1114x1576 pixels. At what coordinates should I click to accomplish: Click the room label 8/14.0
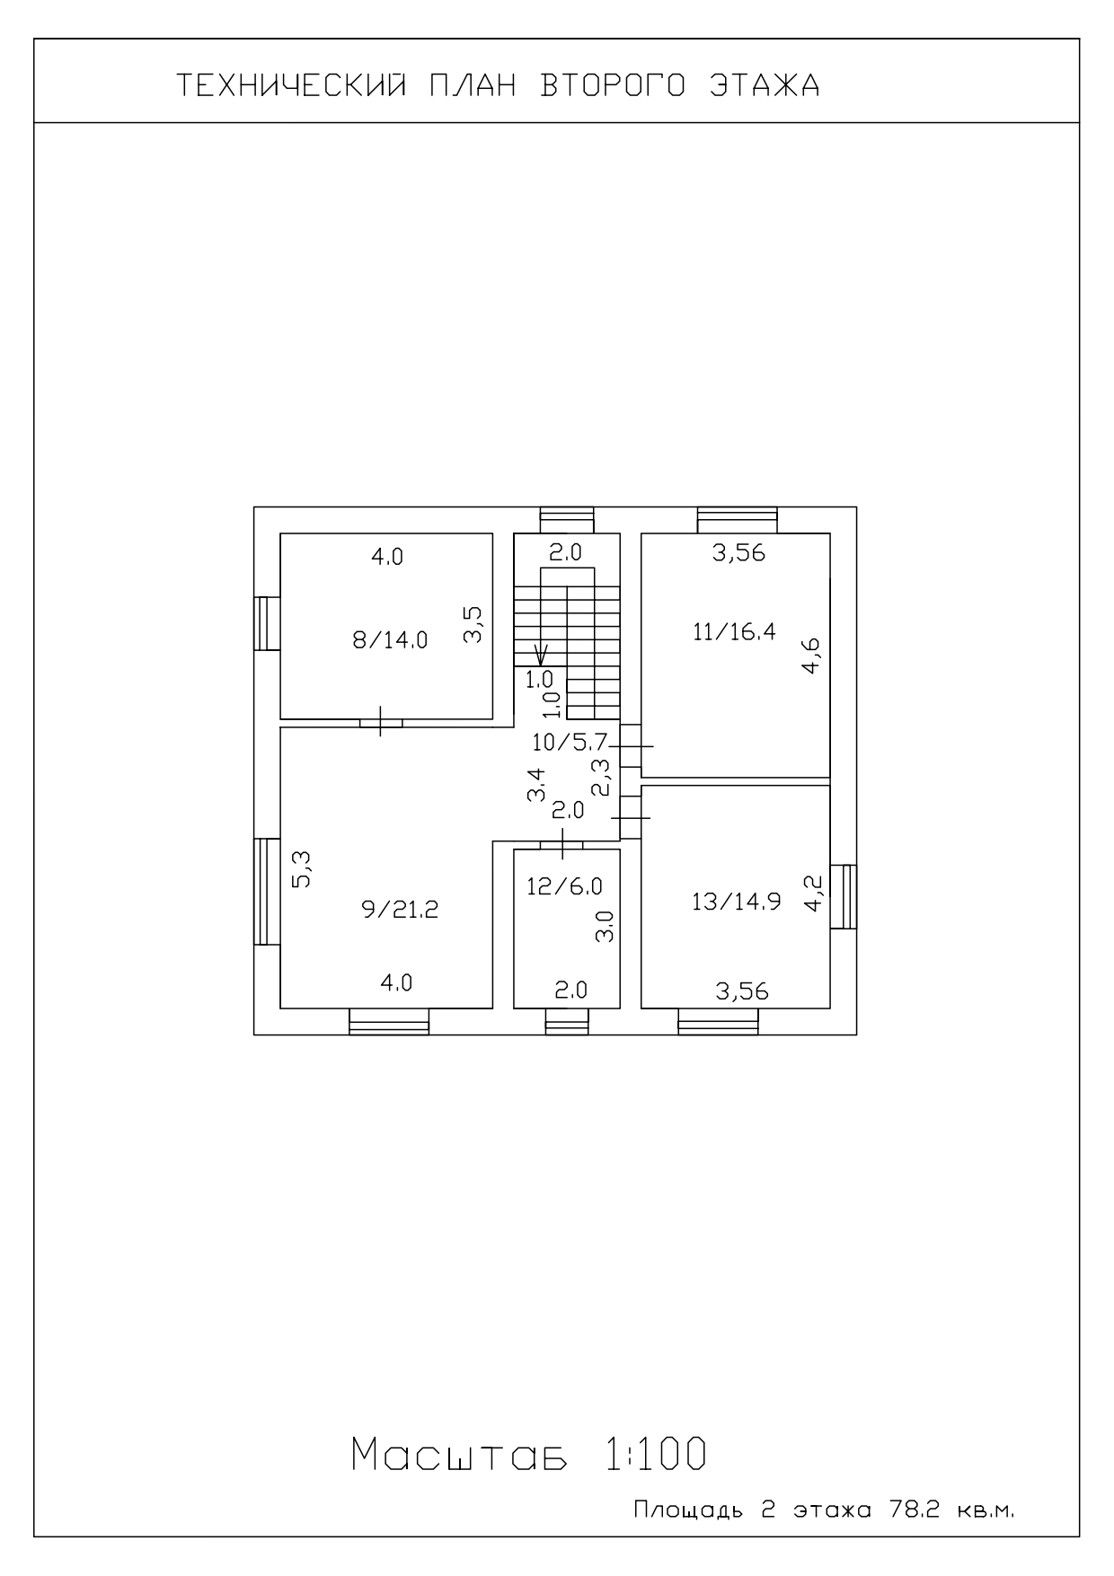(x=390, y=640)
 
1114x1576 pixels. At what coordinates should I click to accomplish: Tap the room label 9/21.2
(x=400, y=910)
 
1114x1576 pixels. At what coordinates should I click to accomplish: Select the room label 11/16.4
(x=734, y=631)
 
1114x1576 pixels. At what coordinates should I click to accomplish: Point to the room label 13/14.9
(x=736, y=902)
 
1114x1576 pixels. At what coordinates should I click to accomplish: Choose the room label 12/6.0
(x=564, y=886)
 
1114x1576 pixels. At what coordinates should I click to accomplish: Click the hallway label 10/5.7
(x=570, y=743)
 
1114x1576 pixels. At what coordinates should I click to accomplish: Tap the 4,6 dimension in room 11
(x=811, y=656)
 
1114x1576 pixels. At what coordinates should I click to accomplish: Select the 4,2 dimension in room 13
(x=813, y=894)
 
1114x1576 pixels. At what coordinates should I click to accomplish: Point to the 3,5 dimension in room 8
(x=473, y=625)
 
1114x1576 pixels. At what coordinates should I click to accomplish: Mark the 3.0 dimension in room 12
(x=605, y=927)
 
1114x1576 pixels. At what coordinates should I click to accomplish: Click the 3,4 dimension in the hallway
(x=536, y=784)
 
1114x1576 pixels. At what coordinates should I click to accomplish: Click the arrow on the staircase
(x=541, y=654)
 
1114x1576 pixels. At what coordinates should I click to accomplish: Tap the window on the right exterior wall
(x=843, y=896)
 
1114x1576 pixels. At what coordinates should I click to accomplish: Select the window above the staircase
(x=567, y=520)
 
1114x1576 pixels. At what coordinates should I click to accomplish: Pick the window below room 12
(x=567, y=1022)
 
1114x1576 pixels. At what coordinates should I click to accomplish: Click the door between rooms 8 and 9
(x=381, y=722)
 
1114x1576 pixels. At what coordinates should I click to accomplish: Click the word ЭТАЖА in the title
(x=765, y=85)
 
